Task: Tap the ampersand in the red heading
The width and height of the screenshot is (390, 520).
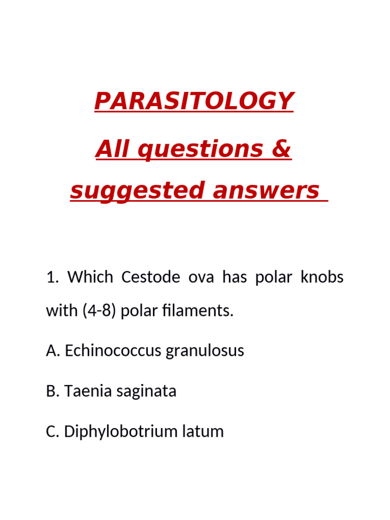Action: [280, 149]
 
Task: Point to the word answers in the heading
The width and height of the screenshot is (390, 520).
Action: [266, 190]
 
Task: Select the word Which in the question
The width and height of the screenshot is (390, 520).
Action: [90, 277]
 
